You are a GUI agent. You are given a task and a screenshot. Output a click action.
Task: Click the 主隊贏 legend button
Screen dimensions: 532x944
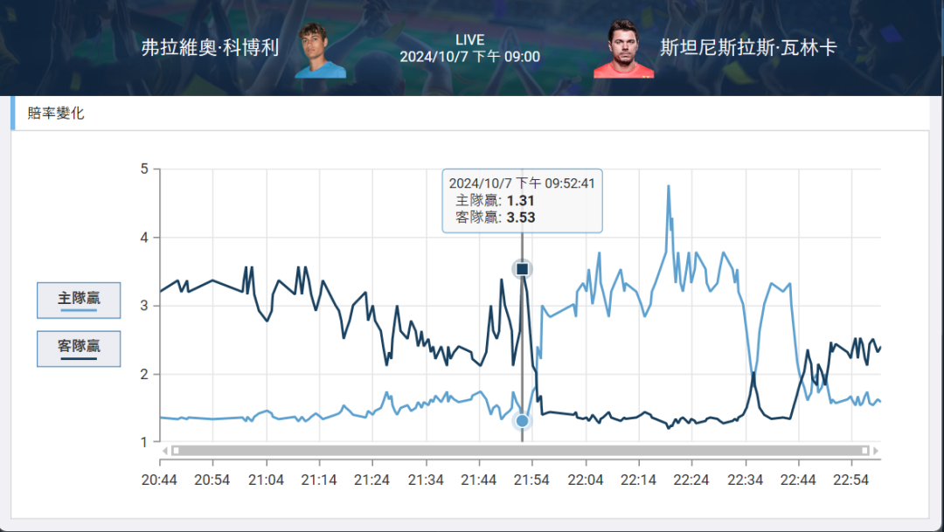pos(79,301)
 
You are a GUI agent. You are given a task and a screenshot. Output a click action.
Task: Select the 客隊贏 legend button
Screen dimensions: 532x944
pos(79,349)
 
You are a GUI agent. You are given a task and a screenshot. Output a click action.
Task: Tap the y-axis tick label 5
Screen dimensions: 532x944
pos(143,169)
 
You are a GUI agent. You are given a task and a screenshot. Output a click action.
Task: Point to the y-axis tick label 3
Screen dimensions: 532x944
pos(143,306)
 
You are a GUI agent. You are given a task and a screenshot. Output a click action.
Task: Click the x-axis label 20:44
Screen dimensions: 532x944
pos(160,480)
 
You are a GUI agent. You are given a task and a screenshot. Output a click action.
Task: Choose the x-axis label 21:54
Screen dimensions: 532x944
pos(531,480)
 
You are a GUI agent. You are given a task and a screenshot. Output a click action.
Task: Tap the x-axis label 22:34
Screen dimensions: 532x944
pos(745,480)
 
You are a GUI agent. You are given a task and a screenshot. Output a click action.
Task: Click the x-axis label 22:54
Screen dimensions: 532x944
pos(851,480)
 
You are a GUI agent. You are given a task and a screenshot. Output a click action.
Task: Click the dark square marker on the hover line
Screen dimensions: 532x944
pos(522,269)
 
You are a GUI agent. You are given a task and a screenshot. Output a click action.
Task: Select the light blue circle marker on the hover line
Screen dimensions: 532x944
pos(522,421)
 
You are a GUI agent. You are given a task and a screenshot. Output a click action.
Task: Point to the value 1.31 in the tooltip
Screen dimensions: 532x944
pos(520,200)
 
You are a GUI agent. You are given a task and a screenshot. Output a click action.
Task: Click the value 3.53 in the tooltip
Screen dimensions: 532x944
pos(520,217)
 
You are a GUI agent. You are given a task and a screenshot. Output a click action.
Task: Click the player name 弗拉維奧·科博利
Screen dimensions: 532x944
pos(210,48)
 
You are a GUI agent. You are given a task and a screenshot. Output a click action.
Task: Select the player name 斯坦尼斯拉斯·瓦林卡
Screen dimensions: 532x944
pos(748,48)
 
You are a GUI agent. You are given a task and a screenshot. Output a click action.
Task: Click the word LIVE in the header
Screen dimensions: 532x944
pos(469,40)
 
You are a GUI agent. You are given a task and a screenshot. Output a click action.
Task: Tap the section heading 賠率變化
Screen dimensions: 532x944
pos(56,113)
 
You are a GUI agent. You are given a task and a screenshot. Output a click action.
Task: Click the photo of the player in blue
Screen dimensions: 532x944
pos(319,50)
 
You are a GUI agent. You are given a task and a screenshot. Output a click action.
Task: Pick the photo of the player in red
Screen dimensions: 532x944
pos(623,50)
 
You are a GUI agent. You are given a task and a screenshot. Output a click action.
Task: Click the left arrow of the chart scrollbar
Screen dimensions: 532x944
pos(163,451)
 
